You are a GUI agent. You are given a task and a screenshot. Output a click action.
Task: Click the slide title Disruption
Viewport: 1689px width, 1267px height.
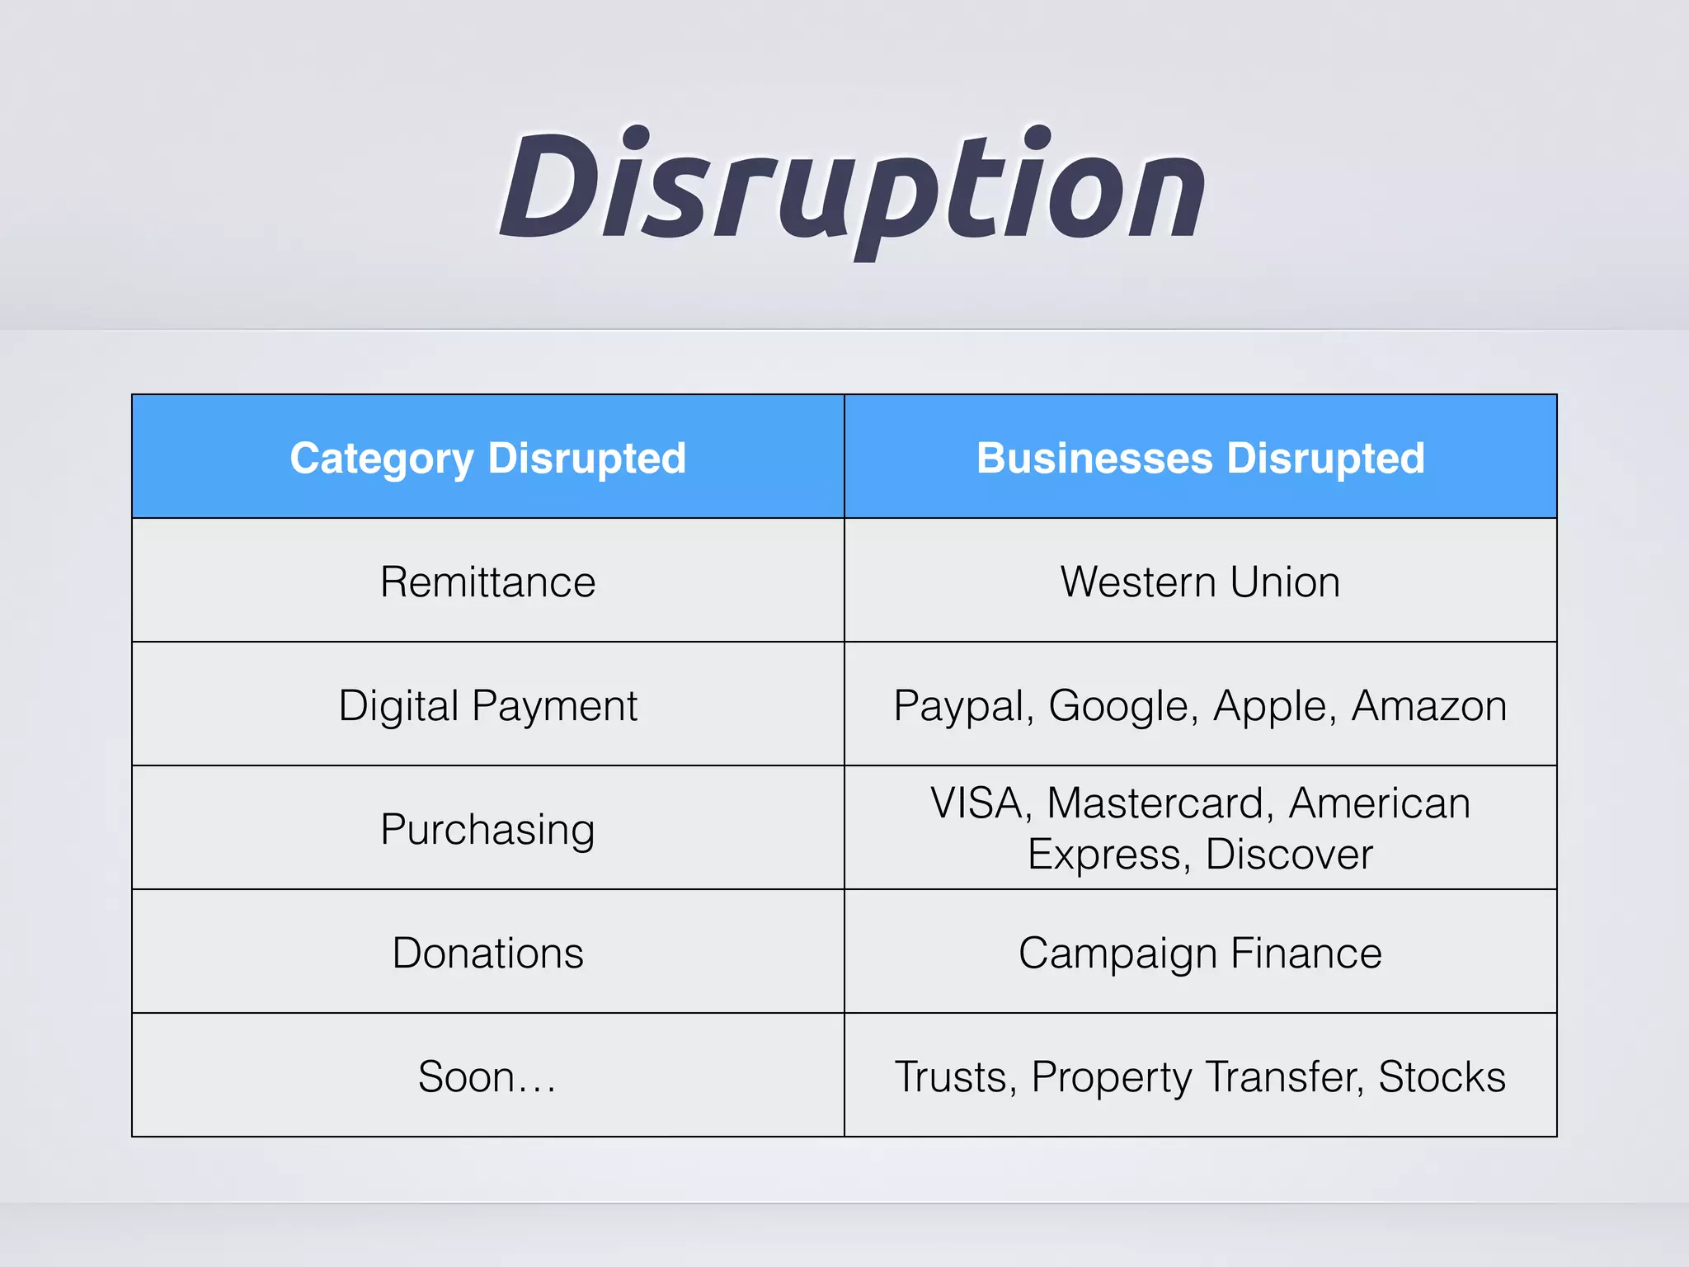pyautogui.click(x=853, y=190)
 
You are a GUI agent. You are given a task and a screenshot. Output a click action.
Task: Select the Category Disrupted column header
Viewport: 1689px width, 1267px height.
pyautogui.click(x=487, y=458)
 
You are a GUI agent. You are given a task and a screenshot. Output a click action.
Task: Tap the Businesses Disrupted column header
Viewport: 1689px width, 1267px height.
pyautogui.click(x=1200, y=458)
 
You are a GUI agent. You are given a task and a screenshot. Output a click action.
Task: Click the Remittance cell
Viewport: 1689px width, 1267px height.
pyautogui.click(x=487, y=582)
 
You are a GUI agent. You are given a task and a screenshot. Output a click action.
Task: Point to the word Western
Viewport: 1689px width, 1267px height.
pyautogui.click(x=1138, y=582)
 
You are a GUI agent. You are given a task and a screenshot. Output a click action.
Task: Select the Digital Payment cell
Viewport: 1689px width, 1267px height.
pyautogui.click(x=487, y=706)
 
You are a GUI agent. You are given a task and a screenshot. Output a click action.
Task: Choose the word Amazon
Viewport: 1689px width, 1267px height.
pyautogui.click(x=1429, y=706)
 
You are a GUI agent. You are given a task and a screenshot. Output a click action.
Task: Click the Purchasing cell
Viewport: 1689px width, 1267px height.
pyautogui.click(x=487, y=830)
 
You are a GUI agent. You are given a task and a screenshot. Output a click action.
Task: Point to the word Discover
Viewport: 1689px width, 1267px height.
pyautogui.click(x=1289, y=855)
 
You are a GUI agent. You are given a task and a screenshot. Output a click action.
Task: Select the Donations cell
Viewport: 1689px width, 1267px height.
pyautogui.click(x=487, y=954)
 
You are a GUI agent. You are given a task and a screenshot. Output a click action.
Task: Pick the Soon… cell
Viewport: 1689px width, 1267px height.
pyautogui.click(x=487, y=1077)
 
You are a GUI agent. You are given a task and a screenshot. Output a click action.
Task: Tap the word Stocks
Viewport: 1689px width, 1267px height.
pyautogui.click(x=1442, y=1077)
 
